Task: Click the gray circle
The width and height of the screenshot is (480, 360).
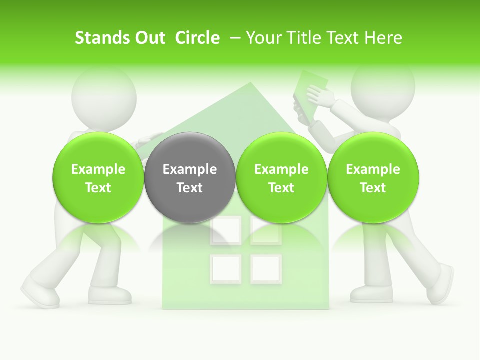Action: click(189, 177)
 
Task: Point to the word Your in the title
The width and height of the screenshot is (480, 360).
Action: click(264, 38)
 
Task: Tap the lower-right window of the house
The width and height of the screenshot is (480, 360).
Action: click(266, 269)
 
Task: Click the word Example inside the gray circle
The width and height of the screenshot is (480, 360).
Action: click(189, 169)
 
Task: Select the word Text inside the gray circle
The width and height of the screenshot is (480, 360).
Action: click(189, 188)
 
